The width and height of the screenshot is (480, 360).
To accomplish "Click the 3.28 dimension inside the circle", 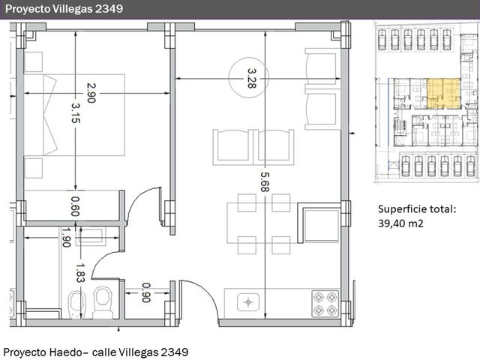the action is (x=252, y=78).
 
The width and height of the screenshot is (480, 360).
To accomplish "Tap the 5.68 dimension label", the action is (x=265, y=181).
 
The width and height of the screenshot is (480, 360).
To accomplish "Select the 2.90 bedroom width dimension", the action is (x=91, y=93).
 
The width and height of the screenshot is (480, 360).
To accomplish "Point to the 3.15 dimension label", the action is (x=76, y=113).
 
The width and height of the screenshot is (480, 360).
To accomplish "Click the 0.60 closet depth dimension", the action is (x=75, y=206).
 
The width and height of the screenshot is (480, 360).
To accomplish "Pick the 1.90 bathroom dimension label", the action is (x=66, y=237).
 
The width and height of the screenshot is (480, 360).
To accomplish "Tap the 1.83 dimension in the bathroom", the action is (x=80, y=273).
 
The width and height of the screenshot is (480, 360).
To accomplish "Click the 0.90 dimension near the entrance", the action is (x=146, y=292).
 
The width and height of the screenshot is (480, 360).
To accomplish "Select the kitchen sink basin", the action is (x=248, y=302).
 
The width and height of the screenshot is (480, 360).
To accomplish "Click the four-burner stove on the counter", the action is (x=325, y=304).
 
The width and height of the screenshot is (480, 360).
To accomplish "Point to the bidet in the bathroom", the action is (x=76, y=304).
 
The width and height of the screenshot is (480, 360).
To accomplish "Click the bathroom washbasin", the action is (x=91, y=236).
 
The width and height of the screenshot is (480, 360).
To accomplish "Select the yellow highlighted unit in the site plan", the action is (x=443, y=93).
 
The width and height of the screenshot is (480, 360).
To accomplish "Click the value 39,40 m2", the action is (x=400, y=223).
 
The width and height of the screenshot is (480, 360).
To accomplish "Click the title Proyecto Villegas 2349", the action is (x=64, y=9).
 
